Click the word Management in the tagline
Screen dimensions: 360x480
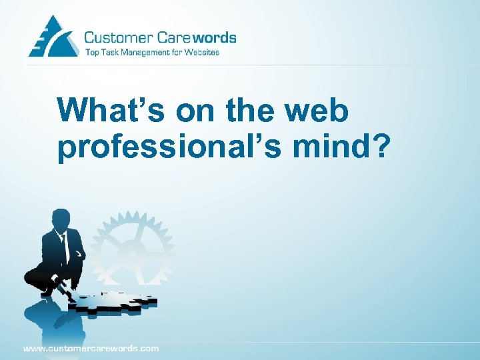143,53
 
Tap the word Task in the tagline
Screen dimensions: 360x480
109,53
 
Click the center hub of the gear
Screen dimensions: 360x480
133,254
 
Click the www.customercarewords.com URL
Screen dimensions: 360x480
91,348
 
